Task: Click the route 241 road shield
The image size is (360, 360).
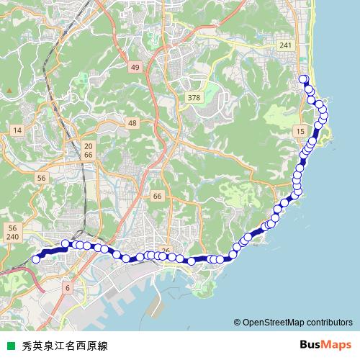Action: tap(287, 45)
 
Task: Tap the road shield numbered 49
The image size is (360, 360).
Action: tap(135, 67)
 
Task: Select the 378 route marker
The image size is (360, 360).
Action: tap(193, 97)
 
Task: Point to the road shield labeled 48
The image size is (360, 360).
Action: tap(132, 124)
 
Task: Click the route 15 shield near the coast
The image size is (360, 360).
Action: tap(300, 130)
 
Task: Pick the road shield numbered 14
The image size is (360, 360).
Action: tap(18, 130)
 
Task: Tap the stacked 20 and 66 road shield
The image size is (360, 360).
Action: tap(89, 149)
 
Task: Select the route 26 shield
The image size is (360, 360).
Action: tap(166, 251)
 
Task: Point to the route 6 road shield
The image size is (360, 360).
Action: tap(68, 288)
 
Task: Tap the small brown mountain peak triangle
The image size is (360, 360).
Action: tap(9, 89)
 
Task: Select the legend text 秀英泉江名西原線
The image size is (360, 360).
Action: tap(64, 346)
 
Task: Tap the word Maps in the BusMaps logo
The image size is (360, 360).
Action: tap(336, 345)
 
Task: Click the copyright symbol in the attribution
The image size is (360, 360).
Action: tap(237, 323)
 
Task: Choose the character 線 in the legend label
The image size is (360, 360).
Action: tap(102, 346)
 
